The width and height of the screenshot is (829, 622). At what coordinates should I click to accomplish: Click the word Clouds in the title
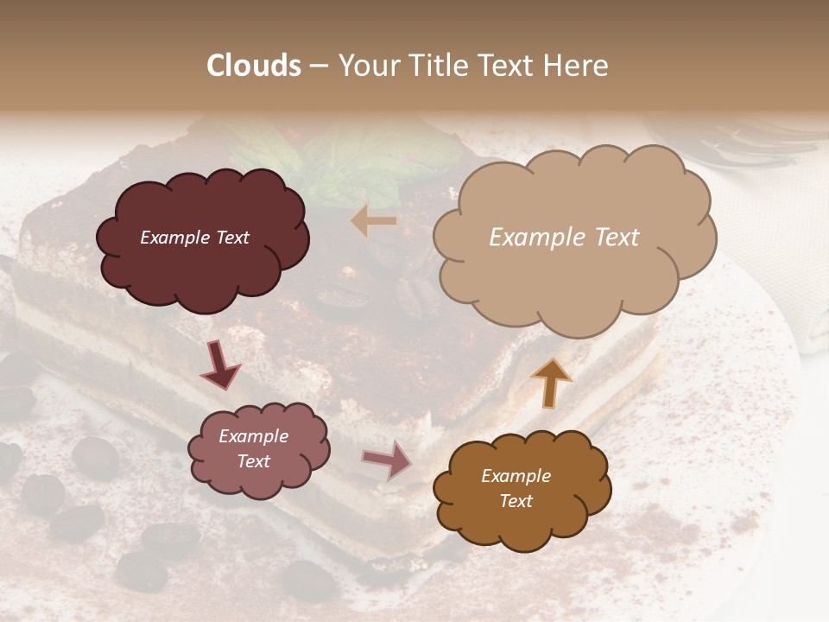[254, 66]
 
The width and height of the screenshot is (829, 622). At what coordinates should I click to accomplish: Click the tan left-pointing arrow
[373, 221]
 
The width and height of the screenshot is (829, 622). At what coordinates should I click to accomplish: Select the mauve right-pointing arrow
[387, 460]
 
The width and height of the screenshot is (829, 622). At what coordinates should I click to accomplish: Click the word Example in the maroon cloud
[173, 238]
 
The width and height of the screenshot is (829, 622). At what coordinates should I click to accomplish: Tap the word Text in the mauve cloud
[254, 461]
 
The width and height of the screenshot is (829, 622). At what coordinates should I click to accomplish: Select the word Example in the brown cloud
[516, 476]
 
